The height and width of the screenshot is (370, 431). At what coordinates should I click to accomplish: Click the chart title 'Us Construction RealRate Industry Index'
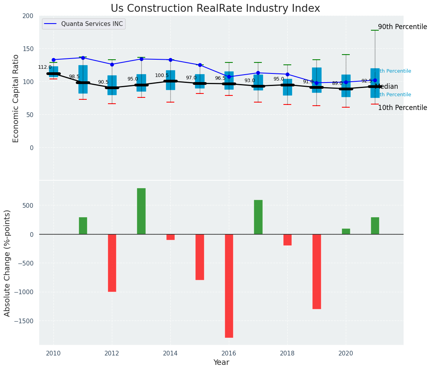[x=215, y=9]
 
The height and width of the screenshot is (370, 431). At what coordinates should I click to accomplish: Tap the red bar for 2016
[x=229, y=286]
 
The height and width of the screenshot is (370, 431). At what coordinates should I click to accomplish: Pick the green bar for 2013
[x=141, y=211]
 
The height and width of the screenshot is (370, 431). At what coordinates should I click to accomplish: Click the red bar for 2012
[x=112, y=263]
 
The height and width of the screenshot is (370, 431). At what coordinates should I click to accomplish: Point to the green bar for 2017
[x=258, y=217]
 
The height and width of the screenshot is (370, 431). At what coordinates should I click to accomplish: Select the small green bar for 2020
[x=346, y=231]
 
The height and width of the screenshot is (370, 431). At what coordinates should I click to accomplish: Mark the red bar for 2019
[x=317, y=271]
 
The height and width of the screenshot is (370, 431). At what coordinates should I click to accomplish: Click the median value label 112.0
[x=45, y=67]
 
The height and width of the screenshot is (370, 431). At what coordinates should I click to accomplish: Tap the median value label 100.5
[x=162, y=75]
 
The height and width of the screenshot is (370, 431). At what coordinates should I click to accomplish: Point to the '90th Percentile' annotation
[x=402, y=27]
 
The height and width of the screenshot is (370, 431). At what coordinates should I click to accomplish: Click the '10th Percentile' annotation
[x=402, y=108]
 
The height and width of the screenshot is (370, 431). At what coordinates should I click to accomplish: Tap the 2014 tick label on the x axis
[x=170, y=354]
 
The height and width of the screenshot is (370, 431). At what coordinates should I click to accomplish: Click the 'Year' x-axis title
[x=221, y=363]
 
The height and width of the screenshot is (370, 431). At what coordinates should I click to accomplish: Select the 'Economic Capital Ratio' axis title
[x=16, y=98]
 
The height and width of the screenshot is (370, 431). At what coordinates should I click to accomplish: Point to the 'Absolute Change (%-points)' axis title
[x=7, y=263]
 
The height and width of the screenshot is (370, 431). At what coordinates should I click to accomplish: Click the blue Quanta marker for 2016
[x=229, y=77]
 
